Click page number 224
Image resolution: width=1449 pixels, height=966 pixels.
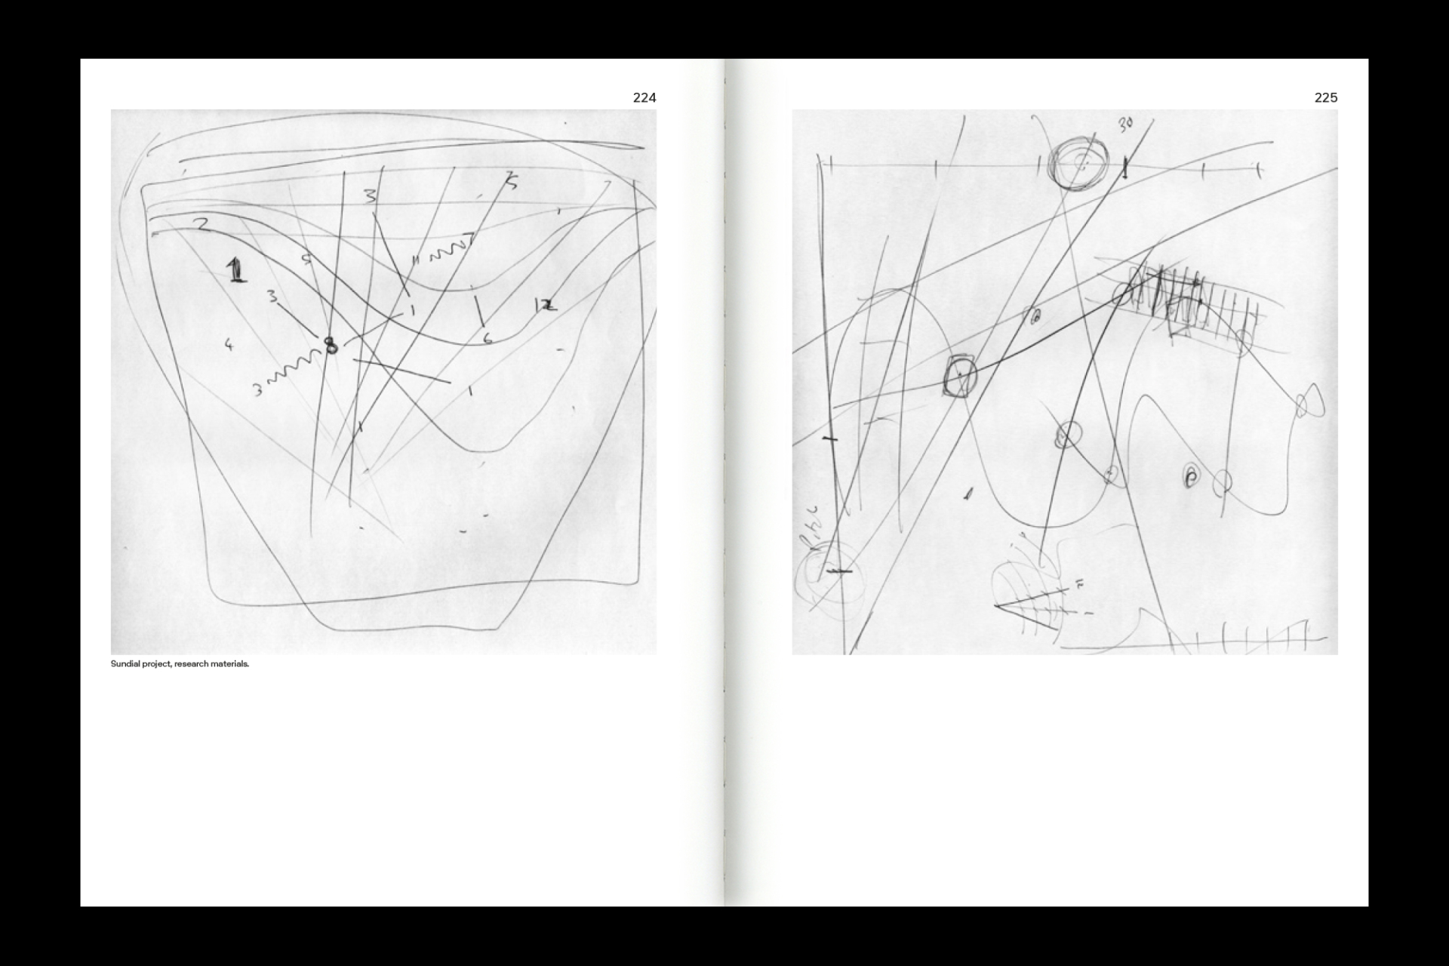pyautogui.click(x=644, y=97)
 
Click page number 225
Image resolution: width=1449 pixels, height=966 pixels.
pyautogui.click(x=1325, y=97)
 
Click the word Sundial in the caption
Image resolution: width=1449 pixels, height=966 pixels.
pyautogui.click(x=125, y=664)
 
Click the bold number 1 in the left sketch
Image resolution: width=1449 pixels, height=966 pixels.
pyautogui.click(x=237, y=269)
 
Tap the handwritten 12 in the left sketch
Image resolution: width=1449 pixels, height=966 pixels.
pyautogui.click(x=545, y=306)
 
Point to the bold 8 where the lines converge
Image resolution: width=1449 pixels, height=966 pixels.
pyautogui.click(x=331, y=346)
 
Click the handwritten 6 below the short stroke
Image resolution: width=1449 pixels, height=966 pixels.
pyautogui.click(x=488, y=339)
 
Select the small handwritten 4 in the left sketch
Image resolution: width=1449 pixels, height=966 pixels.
pyautogui.click(x=229, y=345)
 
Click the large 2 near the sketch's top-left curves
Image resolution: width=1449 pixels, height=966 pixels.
pyautogui.click(x=201, y=224)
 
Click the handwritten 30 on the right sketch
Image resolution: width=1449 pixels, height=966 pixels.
pyautogui.click(x=1125, y=125)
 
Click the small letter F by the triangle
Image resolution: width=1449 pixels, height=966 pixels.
pyautogui.click(x=1079, y=584)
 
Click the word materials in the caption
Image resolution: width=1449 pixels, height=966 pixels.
pyautogui.click(x=231, y=664)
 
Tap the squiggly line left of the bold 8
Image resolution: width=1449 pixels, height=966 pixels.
pyautogui.click(x=294, y=371)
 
